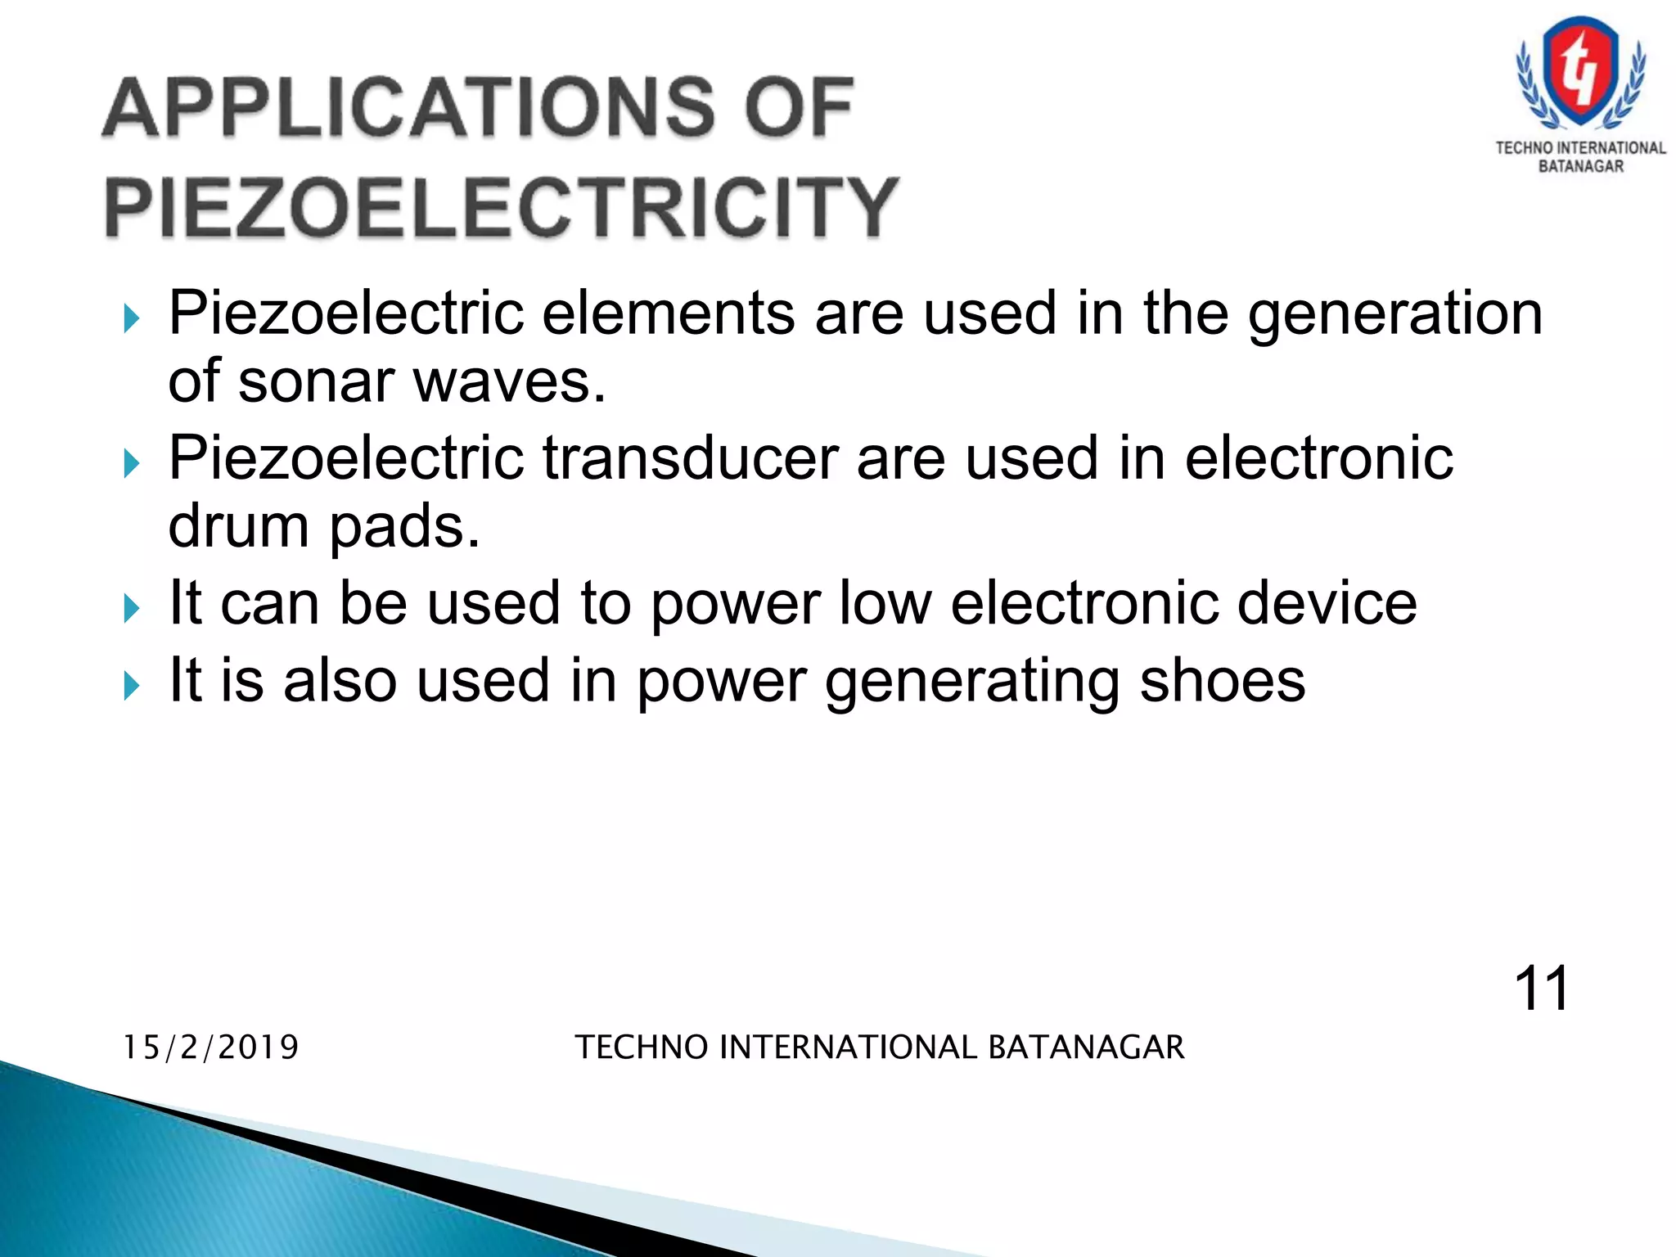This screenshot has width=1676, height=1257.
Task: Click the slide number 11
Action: [1541, 989]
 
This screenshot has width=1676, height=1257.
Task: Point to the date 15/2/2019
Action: [211, 1047]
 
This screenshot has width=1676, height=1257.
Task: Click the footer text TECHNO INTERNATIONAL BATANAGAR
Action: [880, 1047]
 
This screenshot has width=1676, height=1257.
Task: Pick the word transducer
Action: [690, 457]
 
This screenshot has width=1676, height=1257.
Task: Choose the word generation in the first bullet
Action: [1394, 314]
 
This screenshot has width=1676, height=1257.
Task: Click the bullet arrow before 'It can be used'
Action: [132, 608]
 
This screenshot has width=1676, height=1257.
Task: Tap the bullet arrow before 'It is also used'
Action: [132, 685]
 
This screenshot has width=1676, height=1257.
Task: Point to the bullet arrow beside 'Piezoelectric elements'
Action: [132, 318]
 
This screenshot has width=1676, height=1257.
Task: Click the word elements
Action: [668, 313]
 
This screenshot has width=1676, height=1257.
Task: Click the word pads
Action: [404, 527]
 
